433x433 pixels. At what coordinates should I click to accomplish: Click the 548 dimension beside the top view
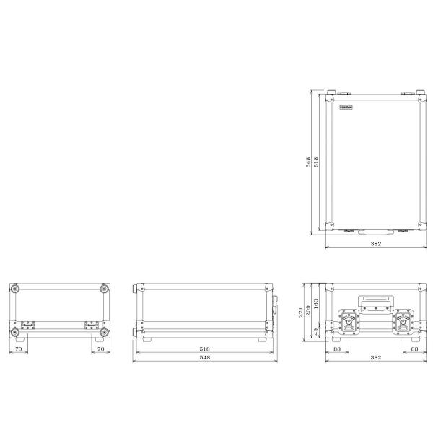click(308, 162)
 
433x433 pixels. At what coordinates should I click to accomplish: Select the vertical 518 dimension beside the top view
click(316, 162)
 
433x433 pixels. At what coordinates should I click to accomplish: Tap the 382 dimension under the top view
click(376, 244)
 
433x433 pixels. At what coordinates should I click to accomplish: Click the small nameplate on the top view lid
click(346, 107)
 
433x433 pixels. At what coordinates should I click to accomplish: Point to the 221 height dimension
click(300, 312)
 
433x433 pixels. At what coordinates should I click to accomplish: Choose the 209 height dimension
click(308, 310)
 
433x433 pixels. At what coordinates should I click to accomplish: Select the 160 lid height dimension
click(316, 304)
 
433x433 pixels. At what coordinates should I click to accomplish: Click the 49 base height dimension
click(316, 331)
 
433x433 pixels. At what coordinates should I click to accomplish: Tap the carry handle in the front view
click(376, 305)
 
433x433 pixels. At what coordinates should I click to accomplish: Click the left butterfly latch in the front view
click(349, 322)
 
